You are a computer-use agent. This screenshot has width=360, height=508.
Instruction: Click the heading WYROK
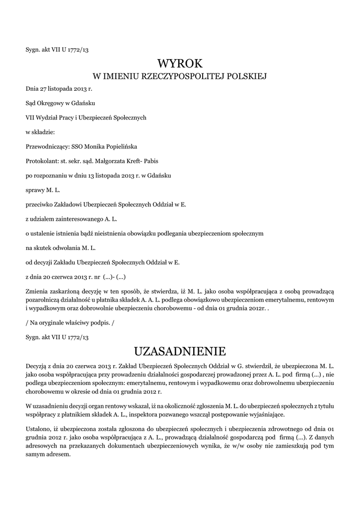(180, 63)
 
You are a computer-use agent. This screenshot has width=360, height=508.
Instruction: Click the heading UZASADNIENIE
(180, 351)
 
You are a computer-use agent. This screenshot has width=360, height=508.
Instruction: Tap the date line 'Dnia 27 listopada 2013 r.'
(59, 89)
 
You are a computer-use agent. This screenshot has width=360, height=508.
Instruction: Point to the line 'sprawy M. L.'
(43, 190)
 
